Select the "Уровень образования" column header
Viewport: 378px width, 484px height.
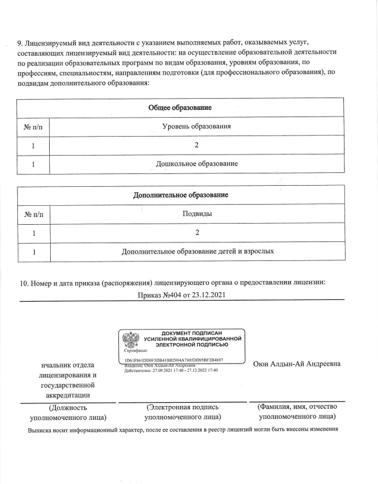pyautogui.click(x=197, y=127)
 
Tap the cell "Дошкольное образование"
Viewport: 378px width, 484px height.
pyautogui.click(x=197, y=164)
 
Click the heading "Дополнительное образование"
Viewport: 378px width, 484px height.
pyautogui.click(x=181, y=195)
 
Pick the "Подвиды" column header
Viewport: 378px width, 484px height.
pyautogui.click(x=197, y=214)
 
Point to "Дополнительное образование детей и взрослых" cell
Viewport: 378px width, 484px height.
pyautogui.click(x=198, y=251)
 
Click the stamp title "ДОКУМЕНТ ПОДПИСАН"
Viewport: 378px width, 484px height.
pyautogui.click(x=192, y=333)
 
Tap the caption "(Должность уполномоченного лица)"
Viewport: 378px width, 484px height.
pyautogui.click(x=68, y=412)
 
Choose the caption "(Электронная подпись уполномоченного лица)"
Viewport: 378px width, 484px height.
pyautogui.click(x=182, y=412)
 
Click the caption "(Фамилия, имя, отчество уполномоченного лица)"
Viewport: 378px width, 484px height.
pyautogui.click(x=297, y=412)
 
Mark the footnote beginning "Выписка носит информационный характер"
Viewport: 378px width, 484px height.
pyautogui.click(x=184, y=430)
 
